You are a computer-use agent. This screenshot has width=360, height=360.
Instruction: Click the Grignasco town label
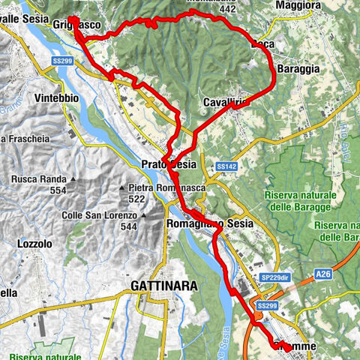click(75, 25)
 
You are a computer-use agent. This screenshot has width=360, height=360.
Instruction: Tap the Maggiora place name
click(300, 6)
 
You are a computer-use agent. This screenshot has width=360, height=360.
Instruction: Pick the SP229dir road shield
click(274, 277)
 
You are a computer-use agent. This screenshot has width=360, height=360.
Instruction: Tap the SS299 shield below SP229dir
click(268, 306)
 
